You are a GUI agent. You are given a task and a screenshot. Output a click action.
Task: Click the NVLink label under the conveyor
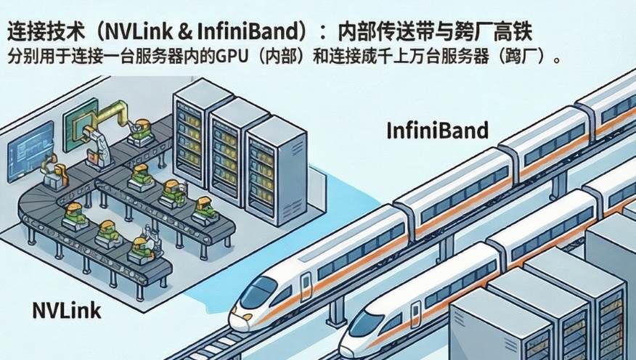(x=67, y=311)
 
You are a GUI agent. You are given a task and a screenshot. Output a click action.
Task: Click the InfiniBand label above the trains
(x=437, y=131)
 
